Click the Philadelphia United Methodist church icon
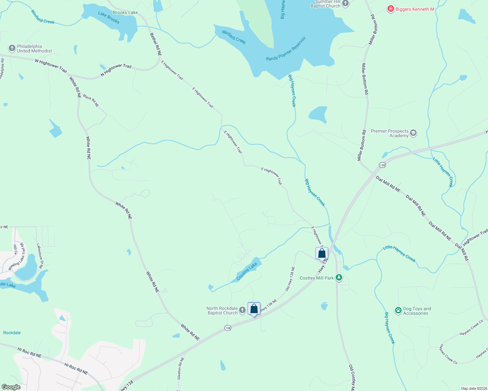click(12, 49)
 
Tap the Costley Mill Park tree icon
click(339, 278)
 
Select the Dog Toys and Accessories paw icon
click(398, 311)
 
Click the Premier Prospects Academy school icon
click(413, 133)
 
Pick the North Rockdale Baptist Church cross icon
click(242, 310)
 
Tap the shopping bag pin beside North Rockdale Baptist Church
click(254, 309)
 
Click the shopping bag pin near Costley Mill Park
click(322, 253)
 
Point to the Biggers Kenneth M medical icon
click(390, 9)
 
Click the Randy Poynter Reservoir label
click(286, 49)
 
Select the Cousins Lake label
click(247, 271)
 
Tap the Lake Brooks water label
click(109, 18)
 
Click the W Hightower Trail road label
click(51, 65)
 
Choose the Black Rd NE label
click(91, 101)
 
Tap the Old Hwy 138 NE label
click(290, 279)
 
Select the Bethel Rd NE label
click(156, 44)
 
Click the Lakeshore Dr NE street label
click(39, 256)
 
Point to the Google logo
click(11, 387)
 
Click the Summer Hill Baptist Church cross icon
click(345, 4)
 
